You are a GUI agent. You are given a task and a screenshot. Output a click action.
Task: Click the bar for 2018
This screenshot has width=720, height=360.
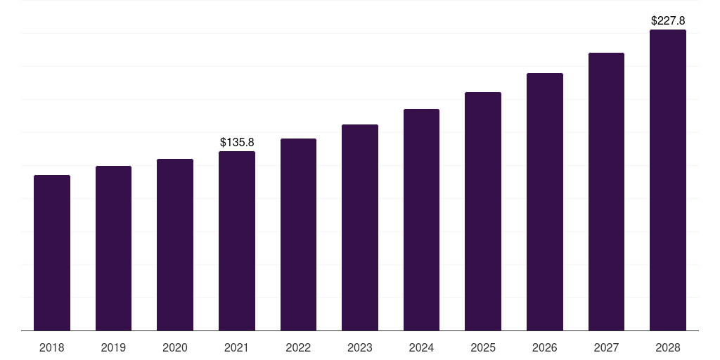click(52, 253)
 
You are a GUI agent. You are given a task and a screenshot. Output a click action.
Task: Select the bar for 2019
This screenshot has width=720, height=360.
click(113, 248)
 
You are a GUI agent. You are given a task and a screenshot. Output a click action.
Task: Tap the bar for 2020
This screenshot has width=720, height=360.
click(175, 245)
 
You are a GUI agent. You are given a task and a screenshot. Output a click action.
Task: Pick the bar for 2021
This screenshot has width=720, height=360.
click(237, 241)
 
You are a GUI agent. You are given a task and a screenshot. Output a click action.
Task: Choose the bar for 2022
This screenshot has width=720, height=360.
click(298, 235)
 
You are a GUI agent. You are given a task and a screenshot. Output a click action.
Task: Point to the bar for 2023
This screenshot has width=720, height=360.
click(360, 228)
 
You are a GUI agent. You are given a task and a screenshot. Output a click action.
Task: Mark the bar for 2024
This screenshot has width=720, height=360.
click(421, 220)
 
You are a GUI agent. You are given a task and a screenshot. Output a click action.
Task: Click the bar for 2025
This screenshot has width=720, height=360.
click(483, 212)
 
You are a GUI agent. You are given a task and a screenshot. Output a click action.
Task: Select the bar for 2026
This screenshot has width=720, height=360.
click(545, 202)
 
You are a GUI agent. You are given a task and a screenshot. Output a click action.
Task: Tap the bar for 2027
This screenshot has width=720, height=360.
click(606, 192)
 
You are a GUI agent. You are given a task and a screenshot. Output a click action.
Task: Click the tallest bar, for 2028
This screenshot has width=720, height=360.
click(668, 180)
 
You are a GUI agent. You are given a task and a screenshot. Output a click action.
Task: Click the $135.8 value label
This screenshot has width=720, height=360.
click(237, 143)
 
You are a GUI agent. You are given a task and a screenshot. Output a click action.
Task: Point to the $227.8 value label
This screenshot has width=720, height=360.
click(668, 21)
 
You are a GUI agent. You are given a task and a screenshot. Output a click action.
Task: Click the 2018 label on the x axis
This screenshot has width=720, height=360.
click(52, 347)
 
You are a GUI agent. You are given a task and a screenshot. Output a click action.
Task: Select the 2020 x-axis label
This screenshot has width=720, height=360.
click(175, 347)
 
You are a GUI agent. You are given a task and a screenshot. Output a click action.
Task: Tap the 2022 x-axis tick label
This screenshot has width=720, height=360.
click(298, 347)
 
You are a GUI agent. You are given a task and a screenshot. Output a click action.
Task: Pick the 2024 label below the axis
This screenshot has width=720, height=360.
click(421, 347)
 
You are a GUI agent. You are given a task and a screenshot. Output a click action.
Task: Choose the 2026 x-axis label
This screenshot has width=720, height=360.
click(545, 347)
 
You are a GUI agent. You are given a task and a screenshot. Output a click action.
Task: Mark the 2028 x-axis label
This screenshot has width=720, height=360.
click(668, 347)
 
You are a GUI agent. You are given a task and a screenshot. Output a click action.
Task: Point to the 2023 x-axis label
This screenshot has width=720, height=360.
click(360, 347)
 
